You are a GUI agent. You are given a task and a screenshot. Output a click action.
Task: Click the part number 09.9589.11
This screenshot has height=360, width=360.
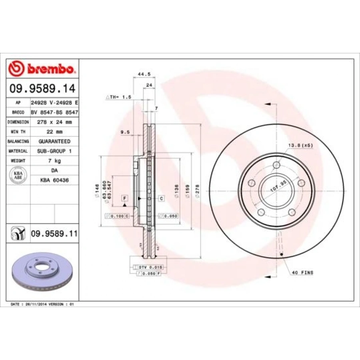[54, 233]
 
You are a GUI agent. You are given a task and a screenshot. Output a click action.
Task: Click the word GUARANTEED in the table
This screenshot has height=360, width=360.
[55, 141]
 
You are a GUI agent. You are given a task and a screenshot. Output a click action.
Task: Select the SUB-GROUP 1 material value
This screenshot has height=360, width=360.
[55, 151]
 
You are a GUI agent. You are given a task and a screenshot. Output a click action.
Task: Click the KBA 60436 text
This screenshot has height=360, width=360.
[55, 180]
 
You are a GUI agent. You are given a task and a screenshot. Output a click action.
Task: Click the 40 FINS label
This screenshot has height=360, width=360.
[302, 272]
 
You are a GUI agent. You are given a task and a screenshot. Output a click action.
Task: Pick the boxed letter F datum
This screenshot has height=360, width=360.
[125, 198]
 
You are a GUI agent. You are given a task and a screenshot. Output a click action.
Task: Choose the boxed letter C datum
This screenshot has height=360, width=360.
[162, 198]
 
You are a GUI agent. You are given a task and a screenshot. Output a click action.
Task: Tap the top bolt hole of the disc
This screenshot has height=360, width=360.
[276, 166]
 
